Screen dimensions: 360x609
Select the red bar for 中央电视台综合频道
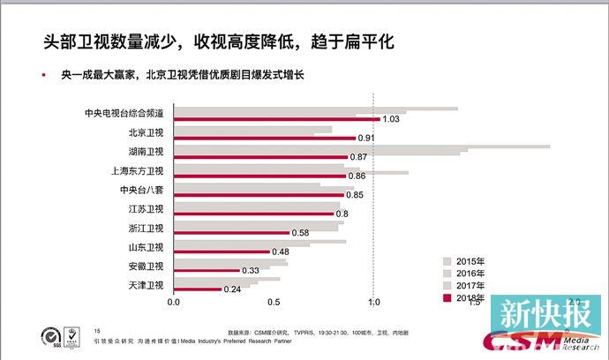(x=275, y=118)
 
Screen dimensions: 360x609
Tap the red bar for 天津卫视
(x=196, y=289)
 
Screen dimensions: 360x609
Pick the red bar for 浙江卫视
(x=230, y=232)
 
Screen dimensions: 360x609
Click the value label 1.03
(x=392, y=119)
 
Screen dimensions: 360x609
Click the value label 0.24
(x=232, y=289)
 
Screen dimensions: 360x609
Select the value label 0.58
(x=300, y=233)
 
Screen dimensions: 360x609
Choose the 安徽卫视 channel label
(x=146, y=266)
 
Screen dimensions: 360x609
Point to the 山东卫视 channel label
(x=146, y=247)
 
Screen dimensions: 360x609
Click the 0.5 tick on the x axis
(x=274, y=303)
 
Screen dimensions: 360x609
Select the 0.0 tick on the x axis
(x=173, y=303)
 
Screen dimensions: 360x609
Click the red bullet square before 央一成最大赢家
(x=44, y=75)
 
